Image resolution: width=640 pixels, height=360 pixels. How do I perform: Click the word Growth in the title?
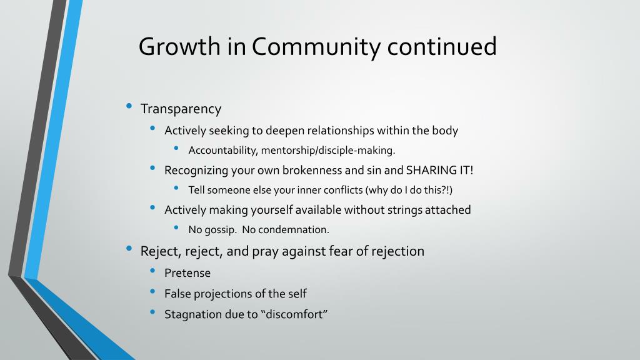click(x=179, y=46)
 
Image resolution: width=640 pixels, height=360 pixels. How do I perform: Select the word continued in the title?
click(x=442, y=46)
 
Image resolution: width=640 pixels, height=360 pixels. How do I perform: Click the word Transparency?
click(x=181, y=109)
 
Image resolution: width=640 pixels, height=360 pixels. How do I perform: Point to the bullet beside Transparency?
click(x=129, y=106)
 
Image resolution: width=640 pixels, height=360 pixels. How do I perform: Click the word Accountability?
click(x=223, y=150)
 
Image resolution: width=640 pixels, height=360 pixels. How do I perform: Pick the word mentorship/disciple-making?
click(x=328, y=150)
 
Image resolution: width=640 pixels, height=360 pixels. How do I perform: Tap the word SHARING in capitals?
click(x=431, y=170)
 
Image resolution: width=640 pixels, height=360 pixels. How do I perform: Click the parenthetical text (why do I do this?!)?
click(x=409, y=190)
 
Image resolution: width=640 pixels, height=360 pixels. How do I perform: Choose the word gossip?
click(x=221, y=230)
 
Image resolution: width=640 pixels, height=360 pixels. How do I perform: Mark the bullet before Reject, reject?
click(x=129, y=248)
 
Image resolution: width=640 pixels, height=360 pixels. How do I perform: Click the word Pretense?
click(x=187, y=272)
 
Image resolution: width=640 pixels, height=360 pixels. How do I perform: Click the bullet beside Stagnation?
click(x=152, y=312)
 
